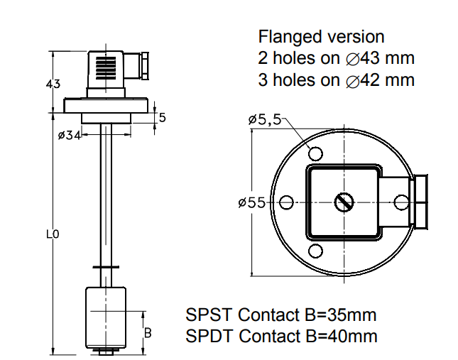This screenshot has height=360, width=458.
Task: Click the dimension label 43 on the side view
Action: [x=52, y=84]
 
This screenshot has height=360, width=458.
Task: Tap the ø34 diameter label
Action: [x=70, y=134]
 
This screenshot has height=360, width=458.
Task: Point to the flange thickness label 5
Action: [x=162, y=118]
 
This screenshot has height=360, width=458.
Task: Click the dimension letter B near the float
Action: [x=148, y=332]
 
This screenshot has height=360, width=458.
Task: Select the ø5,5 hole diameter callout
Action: [x=266, y=120]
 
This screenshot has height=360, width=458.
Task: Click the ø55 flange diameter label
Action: [x=252, y=203]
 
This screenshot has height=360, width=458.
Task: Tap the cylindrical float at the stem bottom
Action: [x=107, y=315]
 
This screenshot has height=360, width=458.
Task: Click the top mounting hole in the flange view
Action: [x=316, y=153]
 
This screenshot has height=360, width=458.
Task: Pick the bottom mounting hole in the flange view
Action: [x=316, y=250]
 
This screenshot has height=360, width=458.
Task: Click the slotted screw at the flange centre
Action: [x=344, y=202]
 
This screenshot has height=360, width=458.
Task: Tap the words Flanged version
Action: [x=321, y=36]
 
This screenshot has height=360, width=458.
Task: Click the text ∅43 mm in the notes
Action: [x=380, y=58]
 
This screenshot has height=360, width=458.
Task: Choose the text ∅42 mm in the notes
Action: [x=380, y=80]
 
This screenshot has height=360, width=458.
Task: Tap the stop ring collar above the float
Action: [x=107, y=266]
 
